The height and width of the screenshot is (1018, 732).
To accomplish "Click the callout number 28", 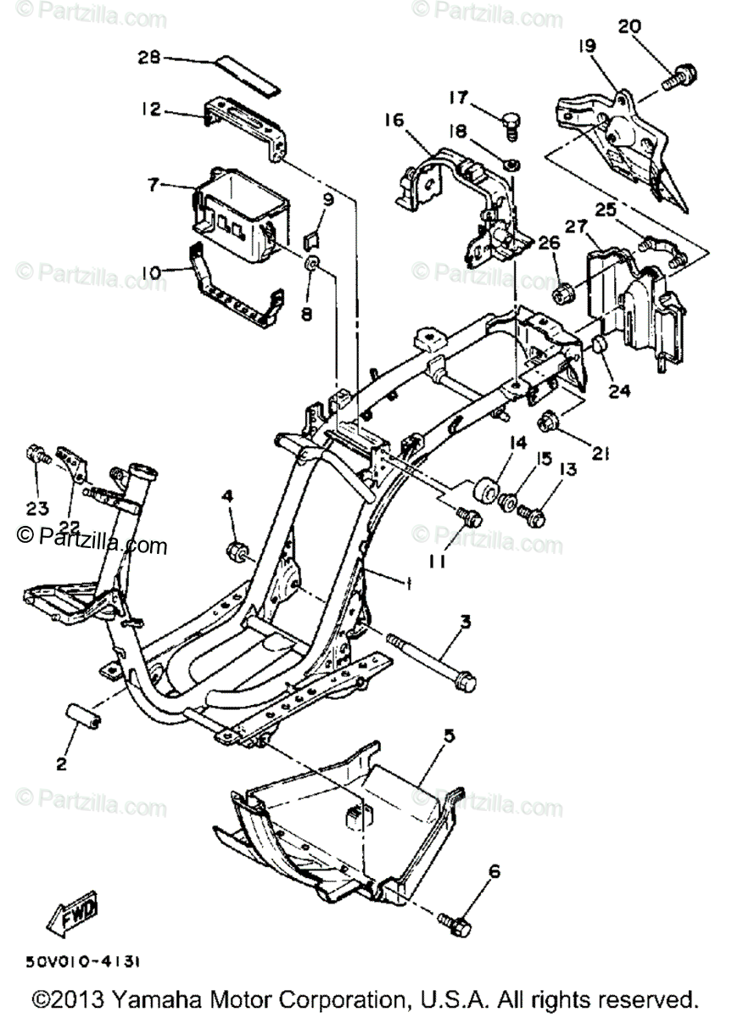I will point(149,58).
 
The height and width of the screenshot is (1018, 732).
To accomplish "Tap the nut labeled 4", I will point(237,552).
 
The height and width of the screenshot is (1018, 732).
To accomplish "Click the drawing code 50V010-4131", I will point(83,962).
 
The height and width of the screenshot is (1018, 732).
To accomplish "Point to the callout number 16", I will point(394,120).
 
